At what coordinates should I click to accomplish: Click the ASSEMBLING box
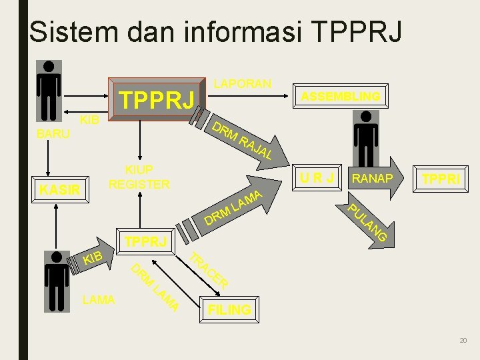340,97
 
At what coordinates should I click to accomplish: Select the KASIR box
59,191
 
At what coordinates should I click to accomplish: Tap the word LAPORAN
242,83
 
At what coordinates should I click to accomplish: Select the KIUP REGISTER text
139,177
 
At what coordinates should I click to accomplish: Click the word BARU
53,133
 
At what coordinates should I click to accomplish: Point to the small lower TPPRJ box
146,241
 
